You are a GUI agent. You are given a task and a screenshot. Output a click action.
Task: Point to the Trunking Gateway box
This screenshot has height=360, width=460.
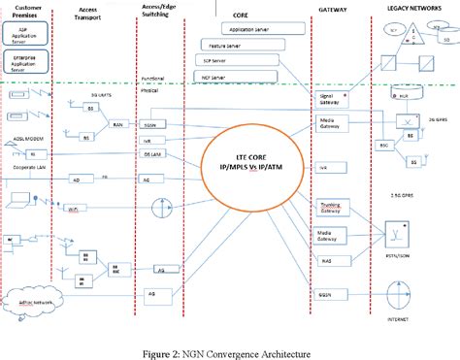[329, 206]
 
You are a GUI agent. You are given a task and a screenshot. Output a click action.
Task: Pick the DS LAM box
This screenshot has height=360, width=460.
[151, 152]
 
